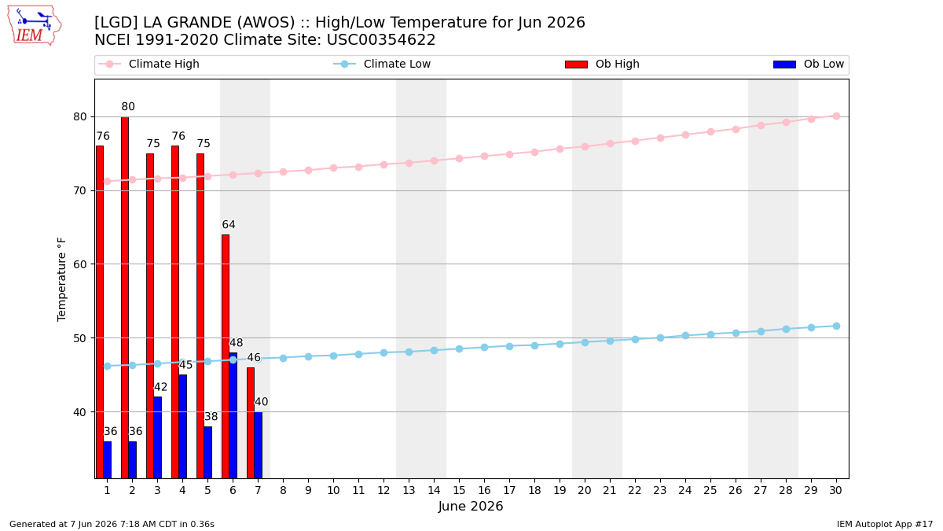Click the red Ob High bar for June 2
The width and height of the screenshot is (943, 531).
(125, 297)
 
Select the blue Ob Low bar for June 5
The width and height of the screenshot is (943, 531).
(208, 452)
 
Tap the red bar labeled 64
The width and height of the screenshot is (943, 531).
(226, 356)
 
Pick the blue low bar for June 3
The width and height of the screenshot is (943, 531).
(157, 437)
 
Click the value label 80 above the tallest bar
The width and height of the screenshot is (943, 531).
(128, 107)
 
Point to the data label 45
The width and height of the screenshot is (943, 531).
(185, 365)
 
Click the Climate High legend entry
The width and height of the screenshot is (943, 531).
(149, 64)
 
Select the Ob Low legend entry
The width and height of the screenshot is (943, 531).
(809, 64)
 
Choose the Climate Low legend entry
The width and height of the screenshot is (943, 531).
(382, 64)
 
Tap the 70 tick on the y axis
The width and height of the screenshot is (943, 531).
(80, 191)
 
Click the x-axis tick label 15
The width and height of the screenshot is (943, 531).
(459, 490)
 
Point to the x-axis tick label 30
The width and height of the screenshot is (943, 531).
(835, 490)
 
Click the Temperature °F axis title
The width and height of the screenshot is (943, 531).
(61, 280)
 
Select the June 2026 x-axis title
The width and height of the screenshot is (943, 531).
(471, 506)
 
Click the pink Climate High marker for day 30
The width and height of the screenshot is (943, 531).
(836, 116)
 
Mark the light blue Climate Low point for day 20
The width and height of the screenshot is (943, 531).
(585, 343)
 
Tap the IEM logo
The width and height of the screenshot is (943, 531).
(35, 26)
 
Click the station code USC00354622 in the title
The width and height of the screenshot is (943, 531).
(381, 40)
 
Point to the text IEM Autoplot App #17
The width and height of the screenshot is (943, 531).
(885, 524)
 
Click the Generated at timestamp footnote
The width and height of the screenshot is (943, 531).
(112, 524)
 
